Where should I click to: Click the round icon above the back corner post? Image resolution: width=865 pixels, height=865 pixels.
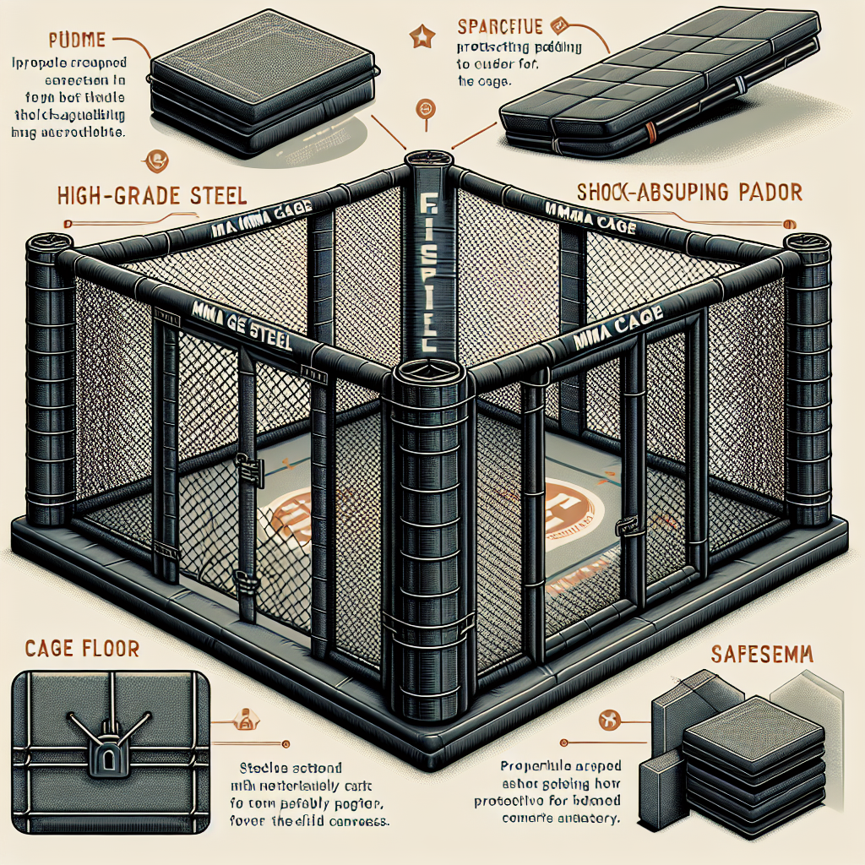[x=425, y=110]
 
